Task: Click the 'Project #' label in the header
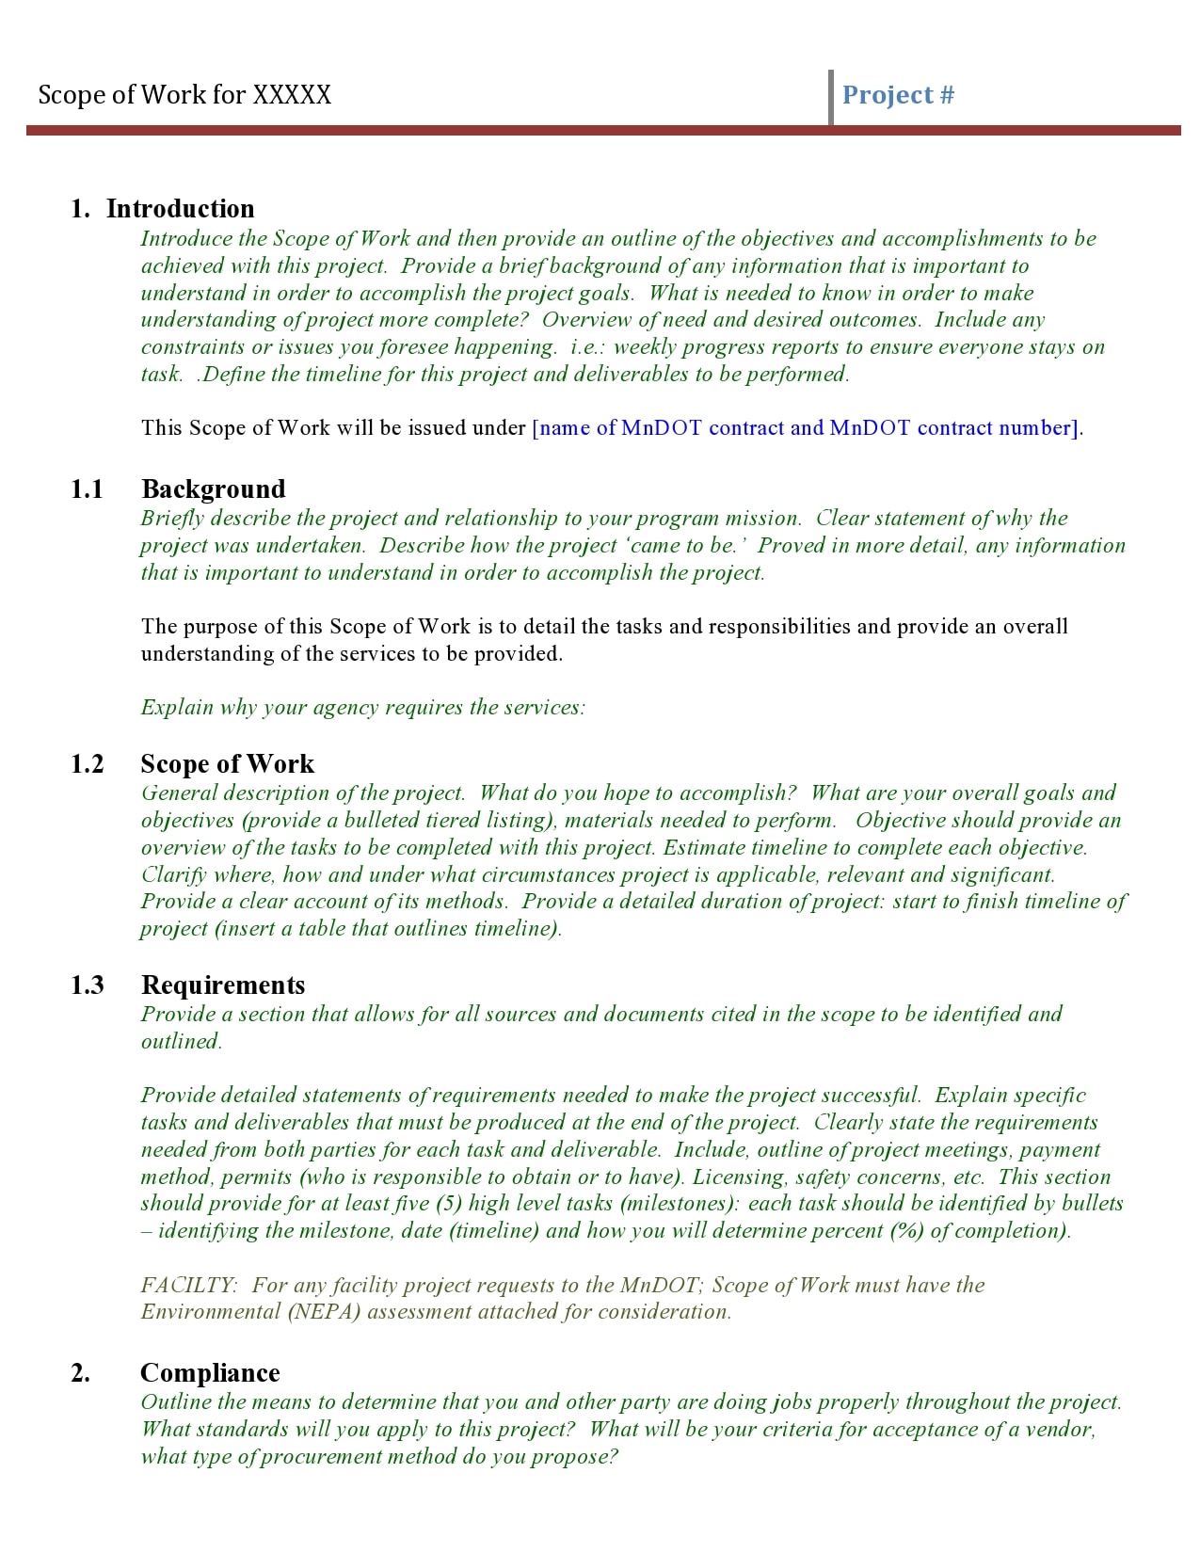point(898,95)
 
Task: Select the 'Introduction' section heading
point(180,209)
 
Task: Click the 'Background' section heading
point(213,489)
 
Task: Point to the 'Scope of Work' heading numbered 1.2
point(227,764)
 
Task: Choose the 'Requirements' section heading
point(223,985)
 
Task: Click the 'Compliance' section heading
point(210,1373)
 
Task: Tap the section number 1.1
point(87,489)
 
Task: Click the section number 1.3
point(87,985)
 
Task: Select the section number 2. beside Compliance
point(81,1373)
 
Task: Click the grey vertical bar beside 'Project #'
point(831,97)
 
